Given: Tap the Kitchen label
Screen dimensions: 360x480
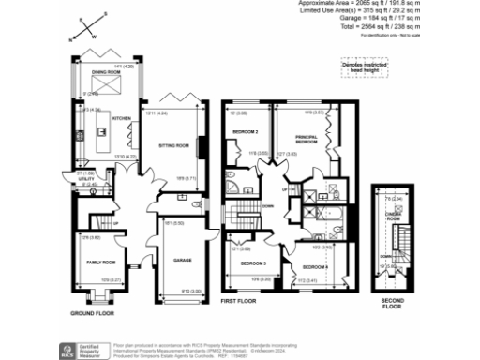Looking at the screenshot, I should pyautogui.click(x=122, y=119).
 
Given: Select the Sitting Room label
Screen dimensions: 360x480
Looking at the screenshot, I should pyautogui.click(x=176, y=146).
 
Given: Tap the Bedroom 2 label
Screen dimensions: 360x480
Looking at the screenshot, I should pyautogui.click(x=246, y=131).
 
